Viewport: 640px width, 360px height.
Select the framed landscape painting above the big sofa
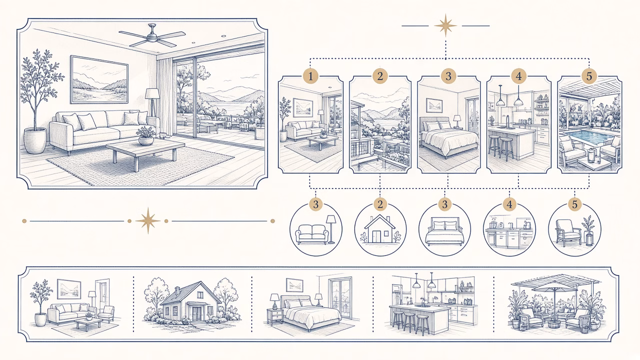tap(99, 79)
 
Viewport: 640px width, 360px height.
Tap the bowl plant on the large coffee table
tap(146, 136)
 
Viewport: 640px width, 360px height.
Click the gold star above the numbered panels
tap(445, 25)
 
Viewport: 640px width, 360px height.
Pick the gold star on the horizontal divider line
tap(147, 220)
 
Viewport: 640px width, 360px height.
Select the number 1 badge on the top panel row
tap(310, 76)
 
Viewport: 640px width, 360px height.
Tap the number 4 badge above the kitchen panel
tap(518, 76)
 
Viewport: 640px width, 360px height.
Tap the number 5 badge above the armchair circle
tap(574, 204)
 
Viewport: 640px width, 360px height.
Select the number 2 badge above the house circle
tap(380, 204)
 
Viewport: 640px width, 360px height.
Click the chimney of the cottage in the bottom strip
tap(177, 291)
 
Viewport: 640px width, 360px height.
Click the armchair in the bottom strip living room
tap(106, 314)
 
